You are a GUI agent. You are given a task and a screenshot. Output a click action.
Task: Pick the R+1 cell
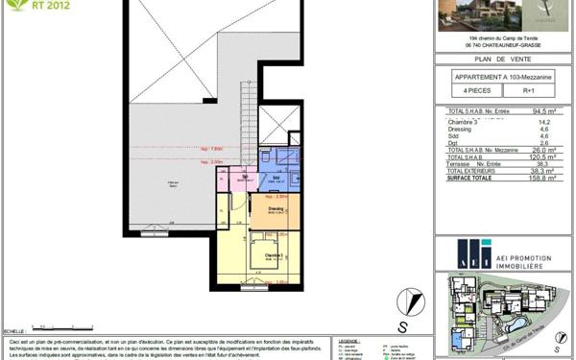coord(528,91)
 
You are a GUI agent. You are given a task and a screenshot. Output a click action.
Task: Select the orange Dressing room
coord(276,211)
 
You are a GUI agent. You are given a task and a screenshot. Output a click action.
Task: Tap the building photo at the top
coord(469,15)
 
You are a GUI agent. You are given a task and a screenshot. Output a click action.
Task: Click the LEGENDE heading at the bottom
coord(348,340)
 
